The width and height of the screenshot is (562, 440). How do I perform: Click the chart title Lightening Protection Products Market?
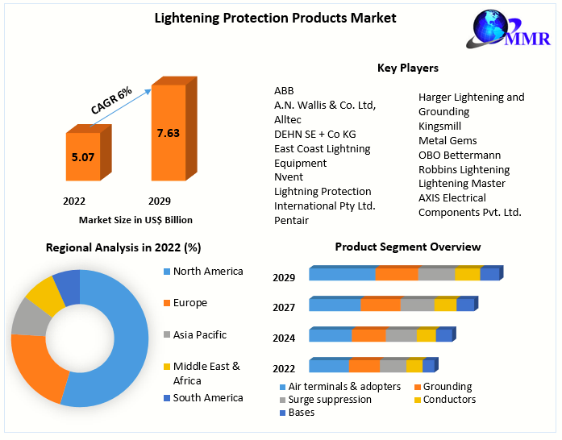tap(276, 18)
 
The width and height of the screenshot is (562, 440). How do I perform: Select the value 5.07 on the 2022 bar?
tap(82, 157)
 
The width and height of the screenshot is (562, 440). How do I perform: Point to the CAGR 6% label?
tap(111, 102)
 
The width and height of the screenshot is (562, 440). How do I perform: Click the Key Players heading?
tap(407, 68)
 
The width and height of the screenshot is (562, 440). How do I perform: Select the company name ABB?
tap(284, 90)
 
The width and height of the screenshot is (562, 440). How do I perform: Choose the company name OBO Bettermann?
tap(459, 155)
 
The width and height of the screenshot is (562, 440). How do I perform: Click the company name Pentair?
tap(291, 220)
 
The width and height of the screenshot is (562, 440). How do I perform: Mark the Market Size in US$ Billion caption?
tap(135, 219)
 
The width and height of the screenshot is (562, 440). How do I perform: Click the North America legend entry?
tap(207, 272)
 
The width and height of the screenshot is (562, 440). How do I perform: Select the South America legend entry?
tap(207, 397)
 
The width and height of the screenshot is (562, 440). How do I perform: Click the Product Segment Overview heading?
tap(407, 247)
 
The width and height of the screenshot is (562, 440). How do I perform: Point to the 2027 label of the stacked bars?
tap(284, 307)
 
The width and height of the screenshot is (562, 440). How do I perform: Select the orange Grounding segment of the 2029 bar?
tap(397, 274)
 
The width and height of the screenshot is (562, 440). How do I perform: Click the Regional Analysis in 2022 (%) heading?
tap(123, 247)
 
